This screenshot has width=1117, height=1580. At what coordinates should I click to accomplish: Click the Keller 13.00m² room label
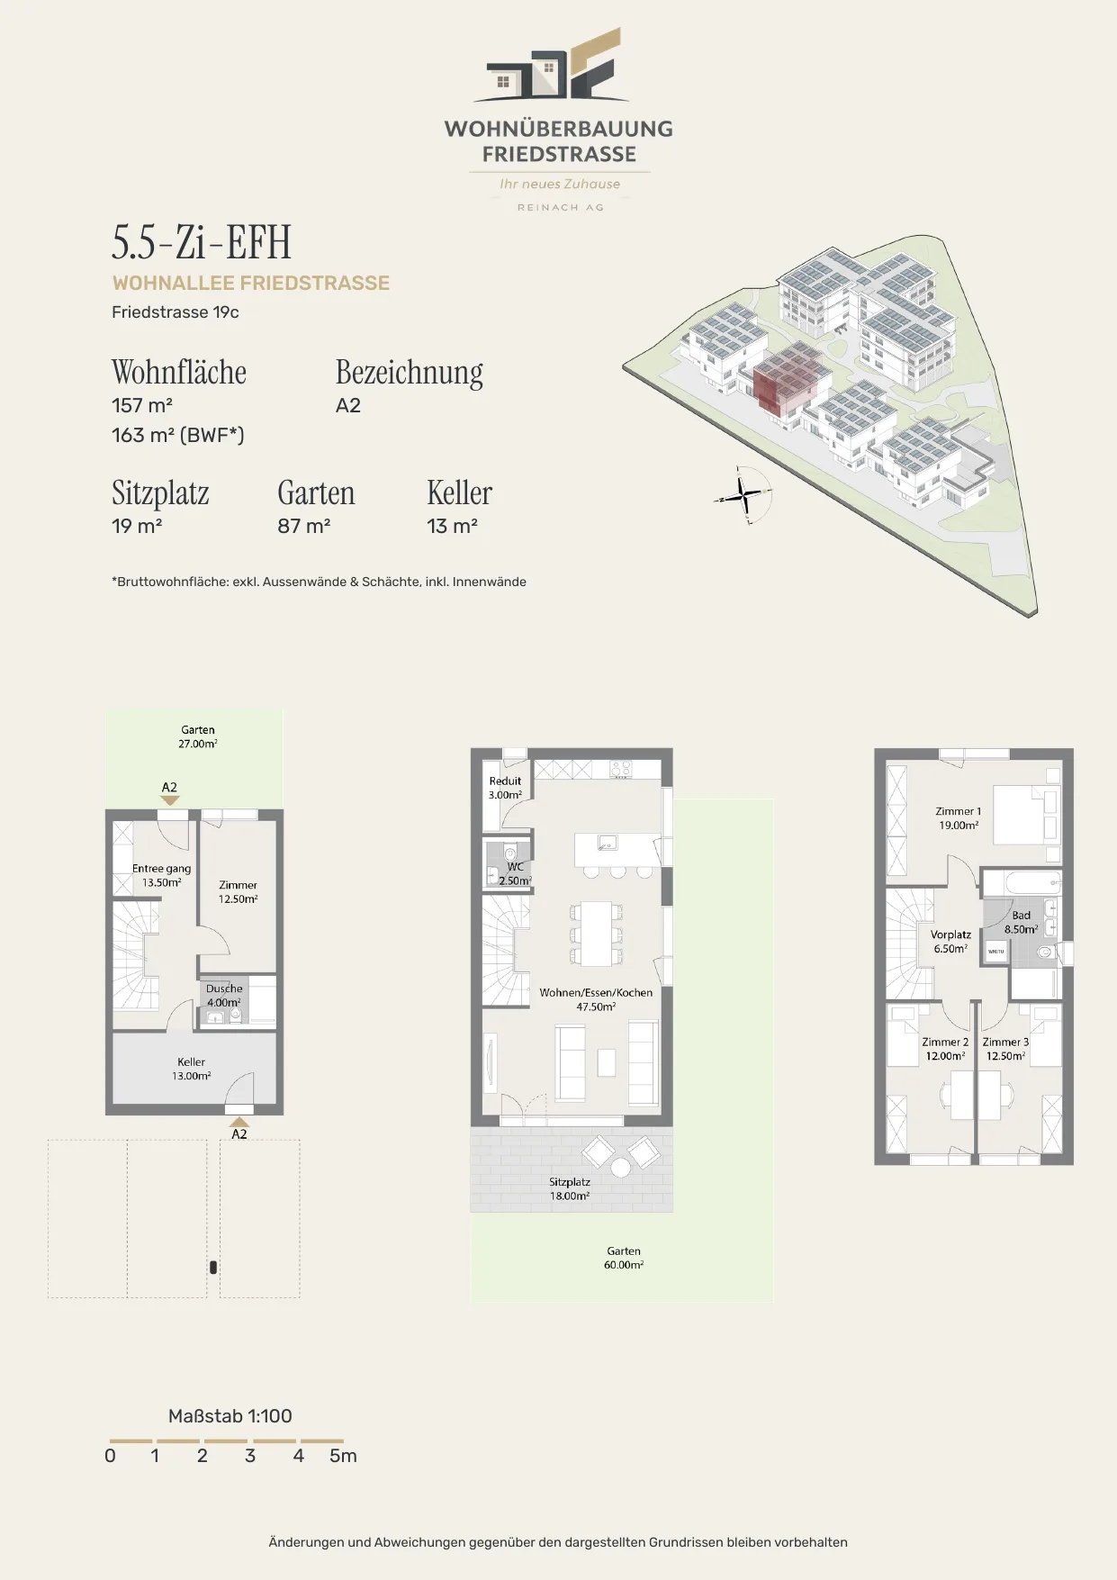pos(192,1069)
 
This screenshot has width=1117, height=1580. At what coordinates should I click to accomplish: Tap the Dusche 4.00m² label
pos(224,995)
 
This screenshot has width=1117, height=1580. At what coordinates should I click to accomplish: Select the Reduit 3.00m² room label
pos(505,788)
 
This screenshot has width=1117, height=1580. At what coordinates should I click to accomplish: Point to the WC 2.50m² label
pos(515,874)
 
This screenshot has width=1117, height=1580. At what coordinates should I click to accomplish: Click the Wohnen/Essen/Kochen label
pos(596,993)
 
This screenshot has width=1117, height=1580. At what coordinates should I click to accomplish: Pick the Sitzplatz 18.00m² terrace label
pos(570,1188)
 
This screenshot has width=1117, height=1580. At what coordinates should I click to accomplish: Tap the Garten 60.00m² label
pos(624,1258)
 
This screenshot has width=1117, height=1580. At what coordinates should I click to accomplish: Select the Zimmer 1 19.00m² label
pos(959,817)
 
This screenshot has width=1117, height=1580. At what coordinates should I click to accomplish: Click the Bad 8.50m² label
pos(1022,922)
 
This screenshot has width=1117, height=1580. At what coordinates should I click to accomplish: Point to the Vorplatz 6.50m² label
pos(950,942)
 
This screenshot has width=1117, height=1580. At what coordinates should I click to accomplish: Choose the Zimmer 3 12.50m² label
pos(1005,1049)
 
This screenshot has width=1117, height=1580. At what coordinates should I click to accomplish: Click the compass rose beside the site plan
pos(744,494)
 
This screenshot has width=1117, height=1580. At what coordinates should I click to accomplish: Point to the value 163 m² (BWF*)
pos(178,435)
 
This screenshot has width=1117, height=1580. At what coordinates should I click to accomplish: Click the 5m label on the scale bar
pos(343,1456)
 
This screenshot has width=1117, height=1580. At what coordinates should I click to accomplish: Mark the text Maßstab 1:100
pos(230,1416)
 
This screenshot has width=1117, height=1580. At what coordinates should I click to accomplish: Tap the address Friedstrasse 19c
pos(176,312)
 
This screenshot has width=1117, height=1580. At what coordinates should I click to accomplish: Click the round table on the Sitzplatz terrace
pos(621,1168)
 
